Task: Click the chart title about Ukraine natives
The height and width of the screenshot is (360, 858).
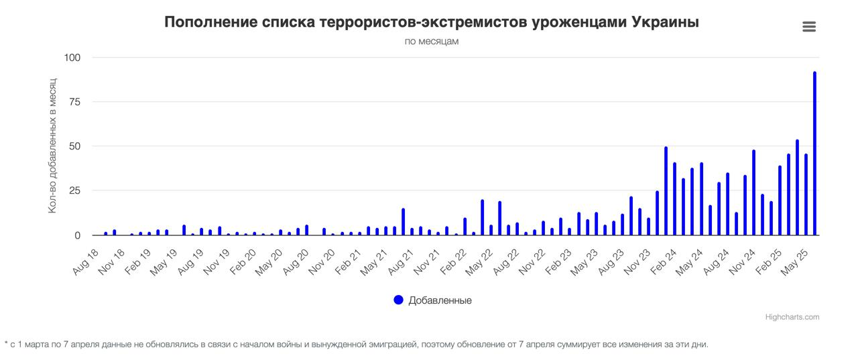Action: (x=432, y=22)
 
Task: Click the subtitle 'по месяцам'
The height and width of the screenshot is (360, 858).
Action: (x=432, y=42)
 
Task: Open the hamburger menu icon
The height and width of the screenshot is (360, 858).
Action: (x=809, y=27)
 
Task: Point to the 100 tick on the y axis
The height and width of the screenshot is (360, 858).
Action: (x=72, y=58)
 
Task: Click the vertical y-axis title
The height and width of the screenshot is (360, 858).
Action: (x=52, y=146)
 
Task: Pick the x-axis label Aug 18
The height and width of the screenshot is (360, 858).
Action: (x=85, y=261)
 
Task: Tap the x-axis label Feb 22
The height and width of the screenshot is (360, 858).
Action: (x=453, y=261)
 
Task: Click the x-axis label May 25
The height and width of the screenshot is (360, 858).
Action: (x=796, y=261)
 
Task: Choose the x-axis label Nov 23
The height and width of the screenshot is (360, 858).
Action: (x=637, y=261)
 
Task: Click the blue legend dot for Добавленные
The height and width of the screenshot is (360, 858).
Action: (x=399, y=300)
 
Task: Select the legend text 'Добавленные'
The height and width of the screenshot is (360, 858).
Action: (x=440, y=300)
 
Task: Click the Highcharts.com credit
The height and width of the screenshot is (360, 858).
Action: (x=792, y=317)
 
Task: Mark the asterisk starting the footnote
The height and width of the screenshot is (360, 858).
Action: (x=7, y=344)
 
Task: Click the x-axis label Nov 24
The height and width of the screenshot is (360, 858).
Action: (x=743, y=261)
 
